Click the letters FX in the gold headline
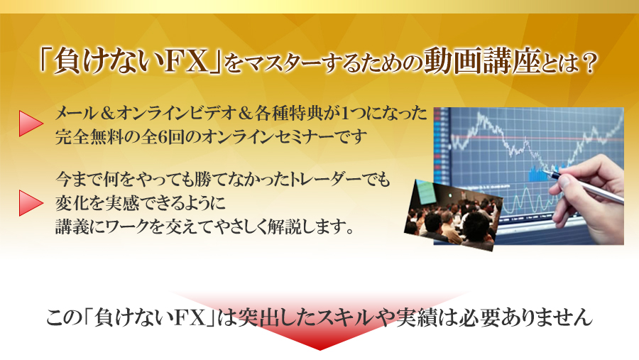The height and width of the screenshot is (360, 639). (x=188, y=62)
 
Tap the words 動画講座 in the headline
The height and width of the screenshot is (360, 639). (x=482, y=61)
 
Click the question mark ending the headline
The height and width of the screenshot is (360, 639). (x=587, y=62)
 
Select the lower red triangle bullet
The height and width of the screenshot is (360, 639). (x=31, y=202)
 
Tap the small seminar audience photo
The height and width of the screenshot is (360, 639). (x=454, y=214)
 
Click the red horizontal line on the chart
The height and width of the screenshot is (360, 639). (x=537, y=138)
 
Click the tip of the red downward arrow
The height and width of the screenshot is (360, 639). (x=320, y=350)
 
